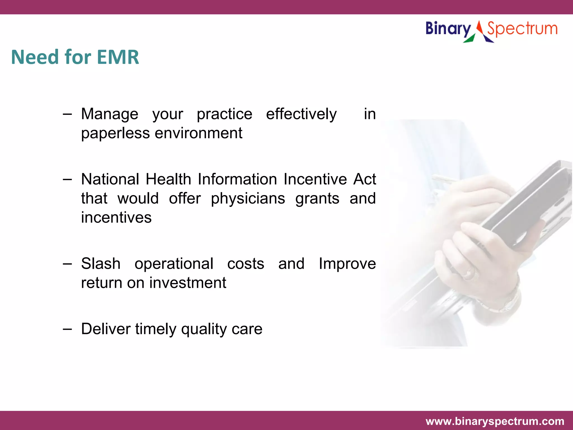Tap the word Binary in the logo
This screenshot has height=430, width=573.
pyautogui.click(x=448, y=29)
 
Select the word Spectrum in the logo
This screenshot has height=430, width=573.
pyautogui.click(x=522, y=29)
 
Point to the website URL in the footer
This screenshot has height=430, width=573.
pyautogui.click(x=495, y=421)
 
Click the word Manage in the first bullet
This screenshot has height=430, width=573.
pyautogui.click(x=110, y=114)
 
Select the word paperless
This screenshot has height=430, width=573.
pyautogui.click(x=116, y=133)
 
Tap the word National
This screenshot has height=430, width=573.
pyautogui.click(x=110, y=179)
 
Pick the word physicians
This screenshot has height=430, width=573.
pyautogui.click(x=248, y=199)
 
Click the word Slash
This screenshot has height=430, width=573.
pyautogui.click(x=101, y=264)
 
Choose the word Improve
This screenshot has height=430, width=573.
pyautogui.click(x=347, y=264)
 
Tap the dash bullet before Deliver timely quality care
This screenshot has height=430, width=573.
pyautogui.click(x=67, y=329)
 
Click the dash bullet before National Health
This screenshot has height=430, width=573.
pyautogui.click(x=67, y=179)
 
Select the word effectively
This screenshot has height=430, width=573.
pyautogui.click(x=301, y=114)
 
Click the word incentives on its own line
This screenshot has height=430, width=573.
pyautogui.click(x=116, y=218)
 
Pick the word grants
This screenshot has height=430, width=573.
pyautogui.click(x=317, y=199)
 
